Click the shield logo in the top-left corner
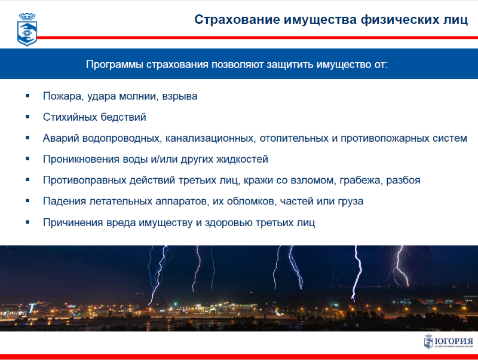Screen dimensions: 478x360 [x=27, y=29]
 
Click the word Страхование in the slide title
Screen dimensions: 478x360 [x=237, y=20]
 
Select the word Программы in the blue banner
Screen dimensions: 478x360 [x=114, y=65]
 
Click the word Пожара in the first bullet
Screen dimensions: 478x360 [x=63, y=96]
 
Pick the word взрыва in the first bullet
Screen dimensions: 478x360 [x=180, y=97]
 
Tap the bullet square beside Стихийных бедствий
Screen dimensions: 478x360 [x=27, y=117]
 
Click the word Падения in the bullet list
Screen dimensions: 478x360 [x=65, y=202]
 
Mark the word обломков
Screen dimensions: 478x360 [x=252, y=202]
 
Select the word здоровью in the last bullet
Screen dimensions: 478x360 [x=229, y=222]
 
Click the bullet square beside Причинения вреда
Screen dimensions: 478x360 [x=27, y=222]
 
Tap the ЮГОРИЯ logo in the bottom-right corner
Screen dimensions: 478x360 [x=449, y=341]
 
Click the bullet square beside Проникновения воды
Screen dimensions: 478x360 [x=27, y=159]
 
